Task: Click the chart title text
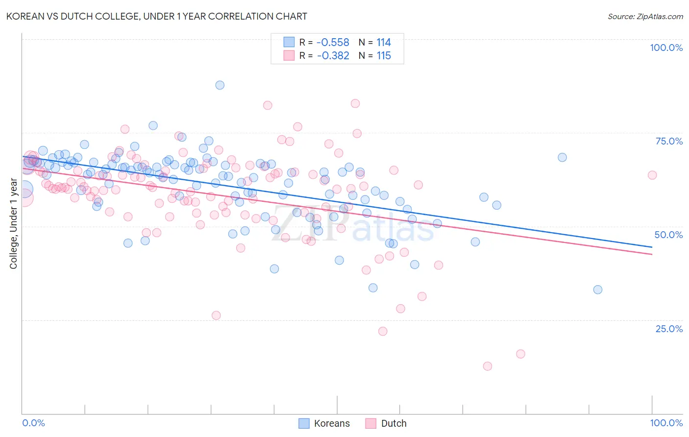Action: click(157, 16)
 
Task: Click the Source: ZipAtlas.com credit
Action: click(645, 16)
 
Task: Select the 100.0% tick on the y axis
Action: click(666, 48)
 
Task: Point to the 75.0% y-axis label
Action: click(669, 141)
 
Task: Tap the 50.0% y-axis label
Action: click(668, 235)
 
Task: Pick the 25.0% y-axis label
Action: click(669, 328)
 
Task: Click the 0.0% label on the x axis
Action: click(33, 423)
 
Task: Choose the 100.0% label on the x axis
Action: click(666, 423)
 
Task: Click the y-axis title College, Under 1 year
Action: click(14, 223)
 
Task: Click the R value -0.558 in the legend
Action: click(333, 43)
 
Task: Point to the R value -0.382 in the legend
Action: click(333, 56)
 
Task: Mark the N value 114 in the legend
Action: click(383, 43)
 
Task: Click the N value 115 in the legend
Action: click(383, 56)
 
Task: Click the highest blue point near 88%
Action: click(220, 85)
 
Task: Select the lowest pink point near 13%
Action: click(487, 366)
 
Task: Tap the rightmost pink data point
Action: click(652, 175)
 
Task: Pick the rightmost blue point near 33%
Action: click(597, 290)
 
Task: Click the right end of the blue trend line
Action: click(652, 247)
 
